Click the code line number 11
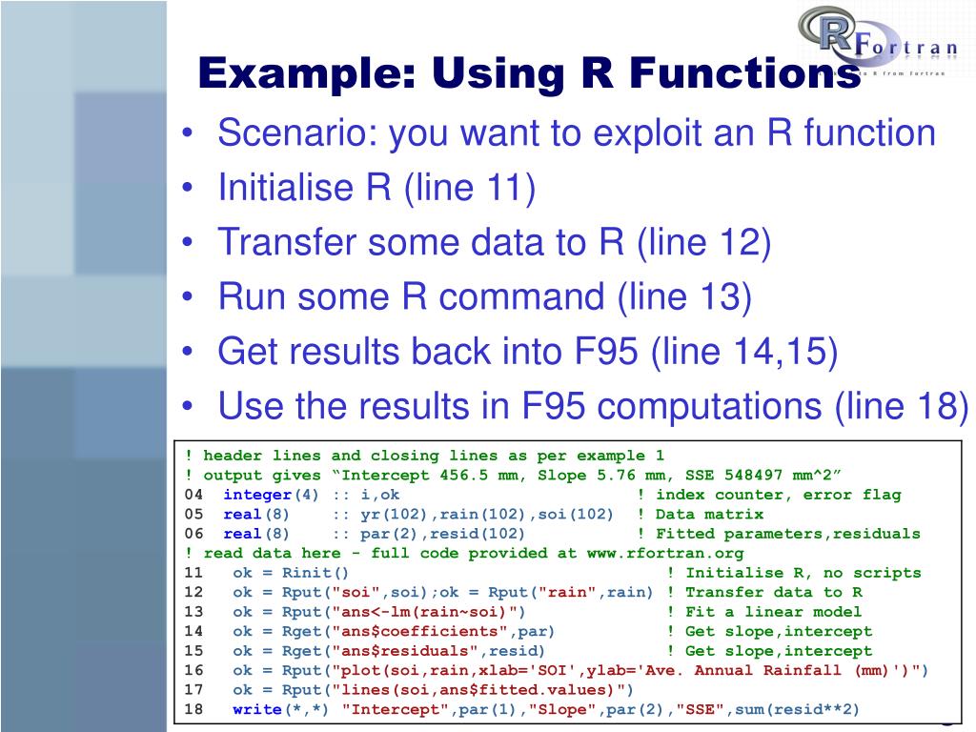click(194, 573)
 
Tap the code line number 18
click(194, 709)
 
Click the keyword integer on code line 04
click(257, 495)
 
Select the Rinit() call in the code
click(315, 573)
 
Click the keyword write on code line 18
click(257, 709)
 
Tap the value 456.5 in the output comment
click(467, 475)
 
